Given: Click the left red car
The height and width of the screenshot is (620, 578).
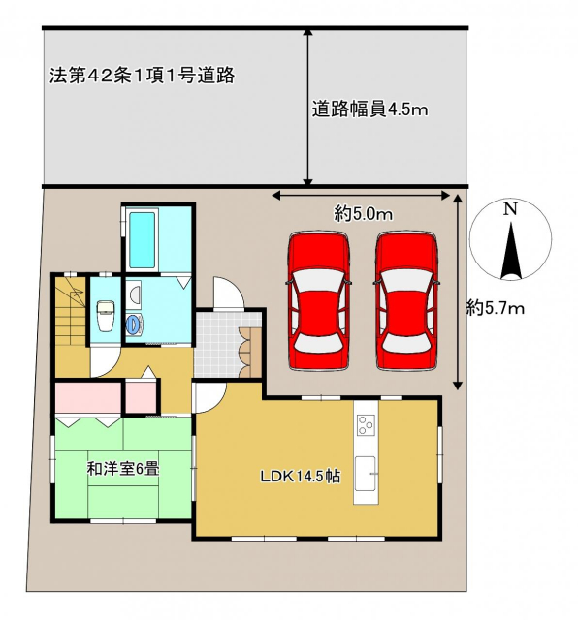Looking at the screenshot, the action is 318,301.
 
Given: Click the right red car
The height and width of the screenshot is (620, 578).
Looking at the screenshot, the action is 406,301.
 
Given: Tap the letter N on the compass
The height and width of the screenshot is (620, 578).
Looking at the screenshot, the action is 511,209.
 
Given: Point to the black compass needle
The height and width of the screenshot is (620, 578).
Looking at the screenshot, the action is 511,251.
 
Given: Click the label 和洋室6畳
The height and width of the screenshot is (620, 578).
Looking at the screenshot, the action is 123,469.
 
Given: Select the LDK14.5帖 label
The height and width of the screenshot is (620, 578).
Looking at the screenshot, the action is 300,476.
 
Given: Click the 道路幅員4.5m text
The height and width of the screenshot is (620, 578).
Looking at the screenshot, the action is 369,109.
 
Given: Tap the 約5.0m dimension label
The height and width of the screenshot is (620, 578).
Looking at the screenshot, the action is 363,215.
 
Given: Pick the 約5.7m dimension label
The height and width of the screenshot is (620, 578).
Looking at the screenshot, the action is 496,308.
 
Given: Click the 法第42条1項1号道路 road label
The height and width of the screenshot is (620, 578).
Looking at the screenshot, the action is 143,76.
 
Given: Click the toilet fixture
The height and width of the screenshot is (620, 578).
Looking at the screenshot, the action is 106,316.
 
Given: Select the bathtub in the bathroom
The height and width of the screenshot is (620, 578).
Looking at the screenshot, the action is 142,240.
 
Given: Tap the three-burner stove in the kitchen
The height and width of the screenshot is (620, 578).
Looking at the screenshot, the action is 366,424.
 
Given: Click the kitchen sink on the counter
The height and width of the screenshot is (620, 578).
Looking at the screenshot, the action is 365,473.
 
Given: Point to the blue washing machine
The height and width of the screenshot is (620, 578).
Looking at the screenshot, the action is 134,325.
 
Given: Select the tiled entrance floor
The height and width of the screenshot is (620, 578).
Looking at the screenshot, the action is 217,345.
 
